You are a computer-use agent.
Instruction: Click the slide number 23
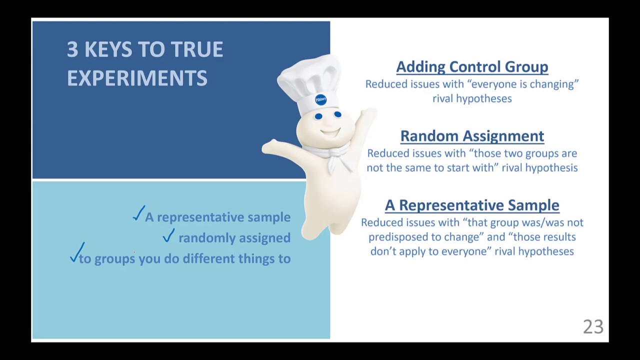(x=593, y=327)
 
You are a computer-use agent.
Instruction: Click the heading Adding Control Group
(x=472, y=67)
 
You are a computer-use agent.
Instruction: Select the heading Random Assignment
(x=472, y=136)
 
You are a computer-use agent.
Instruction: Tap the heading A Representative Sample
(x=472, y=205)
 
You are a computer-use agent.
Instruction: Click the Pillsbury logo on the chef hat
(x=320, y=99)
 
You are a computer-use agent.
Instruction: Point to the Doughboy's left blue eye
(x=318, y=116)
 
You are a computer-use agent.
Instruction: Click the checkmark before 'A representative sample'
(x=138, y=213)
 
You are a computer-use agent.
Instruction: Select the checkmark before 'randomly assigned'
(x=168, y=235)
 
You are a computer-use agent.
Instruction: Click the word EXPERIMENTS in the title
(x=137, y=78)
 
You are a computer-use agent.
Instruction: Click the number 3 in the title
(x=72, y=49)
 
